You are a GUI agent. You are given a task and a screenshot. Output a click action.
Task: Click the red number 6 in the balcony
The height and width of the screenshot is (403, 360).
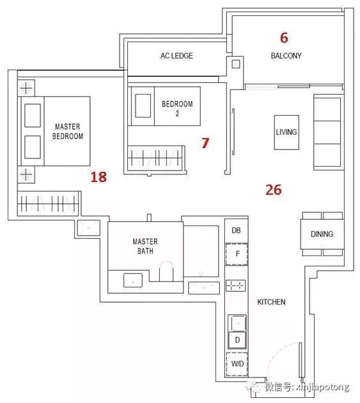point(284,38)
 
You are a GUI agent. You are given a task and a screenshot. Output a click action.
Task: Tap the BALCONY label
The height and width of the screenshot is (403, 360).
point(286,56)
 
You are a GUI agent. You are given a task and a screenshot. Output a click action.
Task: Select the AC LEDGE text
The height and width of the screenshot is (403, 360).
point(176,56)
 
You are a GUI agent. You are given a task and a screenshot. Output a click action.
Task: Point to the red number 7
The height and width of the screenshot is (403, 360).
point(205,143)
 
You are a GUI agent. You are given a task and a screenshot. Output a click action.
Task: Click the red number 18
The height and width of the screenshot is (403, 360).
point(98,177)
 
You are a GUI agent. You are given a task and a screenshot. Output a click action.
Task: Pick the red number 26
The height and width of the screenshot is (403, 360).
point(274,190)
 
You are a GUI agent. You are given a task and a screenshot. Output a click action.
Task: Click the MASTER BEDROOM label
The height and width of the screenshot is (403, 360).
point(68,131)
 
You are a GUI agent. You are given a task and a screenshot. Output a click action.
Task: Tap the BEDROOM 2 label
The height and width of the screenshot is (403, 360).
point(177,109)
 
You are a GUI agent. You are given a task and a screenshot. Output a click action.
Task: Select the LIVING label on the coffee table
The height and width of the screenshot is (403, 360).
point(286,132)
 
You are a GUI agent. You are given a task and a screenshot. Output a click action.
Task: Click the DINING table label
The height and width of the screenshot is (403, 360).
point(322,234)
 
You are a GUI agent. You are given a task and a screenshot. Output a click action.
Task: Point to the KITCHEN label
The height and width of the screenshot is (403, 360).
point(271,301)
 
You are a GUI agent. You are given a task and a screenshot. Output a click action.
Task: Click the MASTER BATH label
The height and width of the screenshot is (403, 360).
point(145,246)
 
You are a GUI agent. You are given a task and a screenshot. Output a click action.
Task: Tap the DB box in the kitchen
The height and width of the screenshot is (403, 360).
point(236,231)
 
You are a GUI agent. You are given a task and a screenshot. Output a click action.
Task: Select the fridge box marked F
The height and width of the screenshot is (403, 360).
point(237,254)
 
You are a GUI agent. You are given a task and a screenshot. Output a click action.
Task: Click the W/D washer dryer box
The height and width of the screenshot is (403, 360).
point(237,364)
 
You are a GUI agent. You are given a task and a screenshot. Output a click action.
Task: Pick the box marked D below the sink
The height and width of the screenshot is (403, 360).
point(237,340)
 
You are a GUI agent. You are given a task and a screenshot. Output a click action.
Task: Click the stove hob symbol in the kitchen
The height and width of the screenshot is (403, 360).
point(236,285)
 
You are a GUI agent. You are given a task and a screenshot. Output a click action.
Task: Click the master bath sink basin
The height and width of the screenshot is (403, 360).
point(133,280)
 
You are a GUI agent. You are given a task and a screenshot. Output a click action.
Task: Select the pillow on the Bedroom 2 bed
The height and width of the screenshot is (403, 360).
point(143,105)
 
